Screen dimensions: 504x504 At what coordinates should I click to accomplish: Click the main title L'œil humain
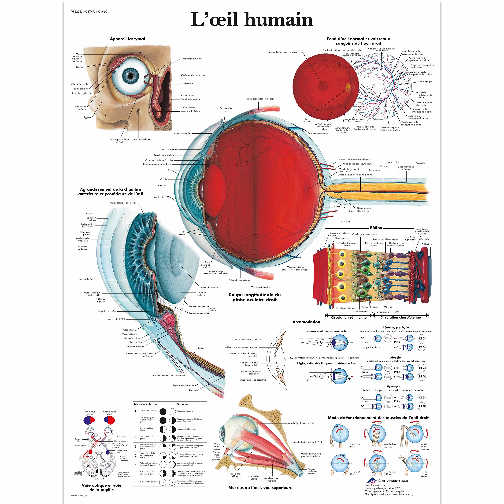tap(252, 19)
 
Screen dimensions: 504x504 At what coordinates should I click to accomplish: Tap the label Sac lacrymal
tap(187, 84)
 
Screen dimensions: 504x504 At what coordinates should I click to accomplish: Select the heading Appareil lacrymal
tap(127, 39)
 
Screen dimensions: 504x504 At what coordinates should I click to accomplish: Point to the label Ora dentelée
tap(225, 108)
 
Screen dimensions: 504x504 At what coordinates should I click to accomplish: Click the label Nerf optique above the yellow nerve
tap(373, 170)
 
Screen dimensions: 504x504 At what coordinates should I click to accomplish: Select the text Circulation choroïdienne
tap(400, 317)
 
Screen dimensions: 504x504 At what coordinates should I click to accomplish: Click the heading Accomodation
tap(306, 322)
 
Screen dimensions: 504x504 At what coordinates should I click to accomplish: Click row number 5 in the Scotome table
tap(135, 446)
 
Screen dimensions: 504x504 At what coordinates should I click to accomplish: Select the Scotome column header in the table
tap(182, 404)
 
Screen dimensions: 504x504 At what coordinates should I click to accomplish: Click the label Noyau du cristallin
tap(209, 287)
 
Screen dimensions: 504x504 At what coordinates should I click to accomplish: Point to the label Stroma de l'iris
tap(86, 279)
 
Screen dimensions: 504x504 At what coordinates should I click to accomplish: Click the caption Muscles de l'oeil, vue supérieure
tap(260, 488)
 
